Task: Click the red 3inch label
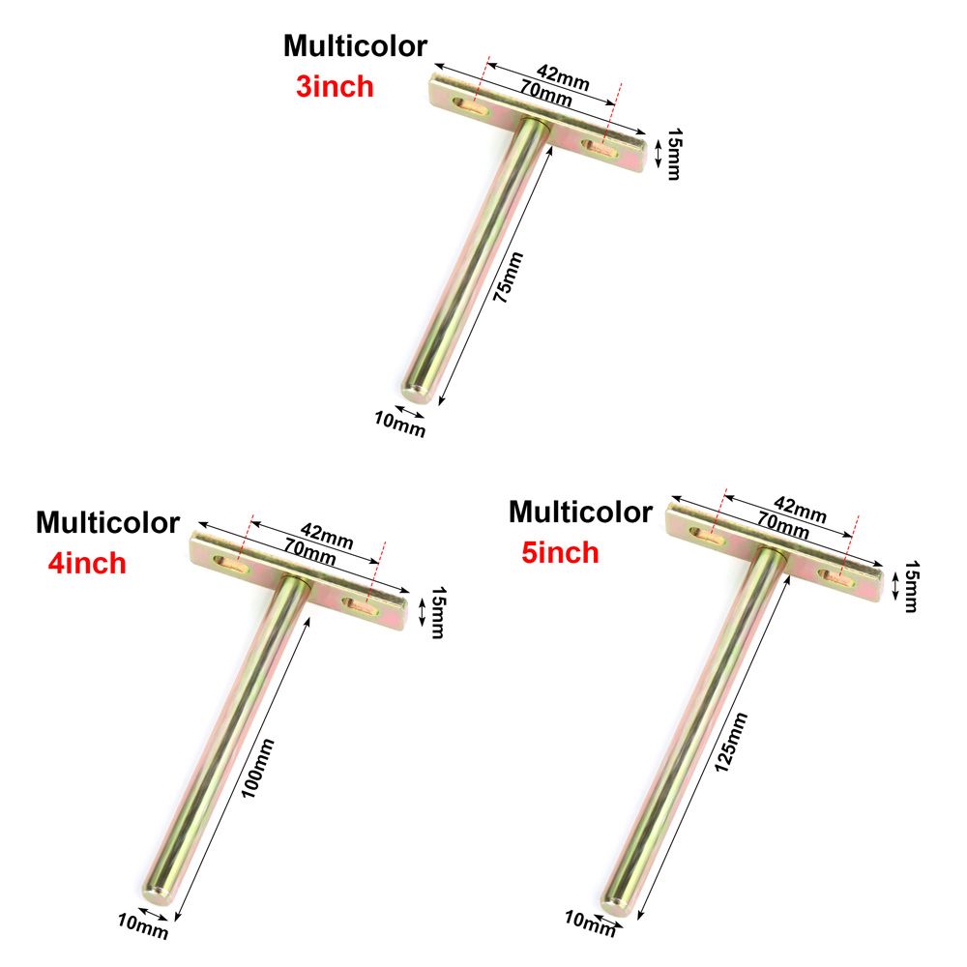(335, 86)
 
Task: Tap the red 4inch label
(87, 563)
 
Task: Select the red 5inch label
(560, 552)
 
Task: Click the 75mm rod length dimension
(509, 277)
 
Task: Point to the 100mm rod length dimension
(258, 769)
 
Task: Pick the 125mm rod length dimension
(731, 742)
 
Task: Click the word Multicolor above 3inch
(355, 46)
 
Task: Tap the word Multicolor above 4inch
(108, 522)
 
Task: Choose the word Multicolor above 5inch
(580, 512)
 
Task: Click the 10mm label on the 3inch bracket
(399, 425)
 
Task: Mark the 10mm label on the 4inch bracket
(143, 926)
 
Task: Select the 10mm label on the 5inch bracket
(590, 923)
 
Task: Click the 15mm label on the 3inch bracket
(675, 154)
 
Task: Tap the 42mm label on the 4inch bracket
(327, 536)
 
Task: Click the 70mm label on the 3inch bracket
(545, 93)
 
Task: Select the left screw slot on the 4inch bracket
(231, 565)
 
